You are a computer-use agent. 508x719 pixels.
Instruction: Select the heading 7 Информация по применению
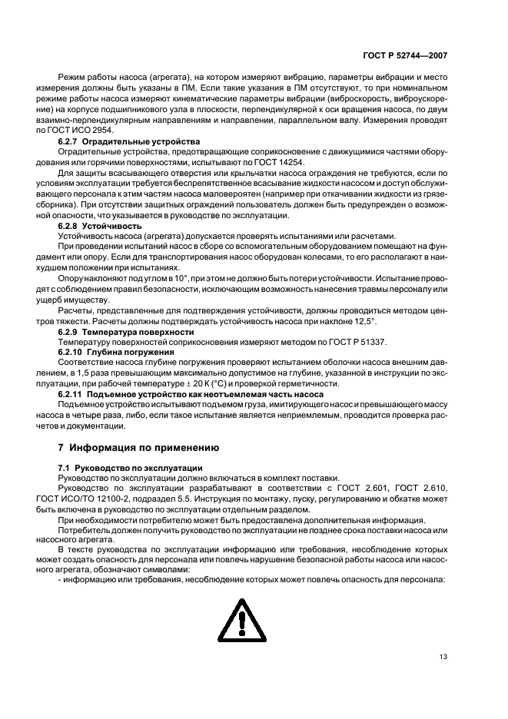[x=127, y=447]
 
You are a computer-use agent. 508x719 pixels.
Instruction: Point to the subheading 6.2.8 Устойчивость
[x=100, y=227]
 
